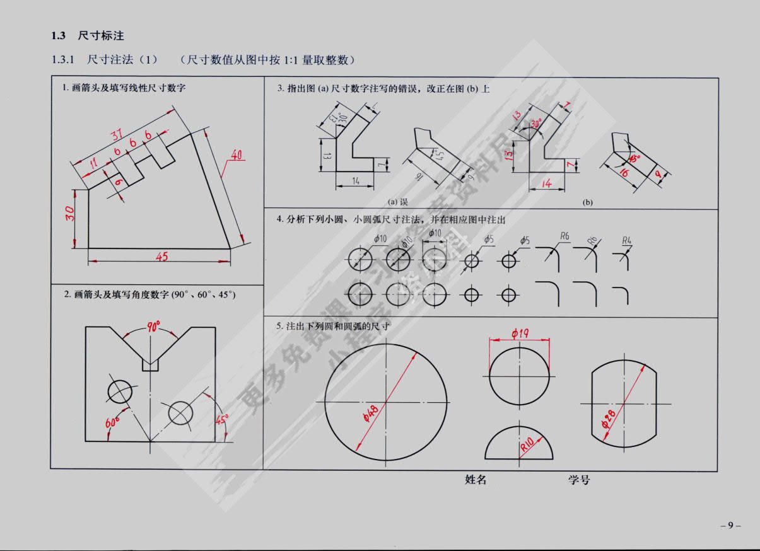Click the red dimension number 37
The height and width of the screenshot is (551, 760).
(x=117, y=134)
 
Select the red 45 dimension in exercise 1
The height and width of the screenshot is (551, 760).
(x=161, y=256)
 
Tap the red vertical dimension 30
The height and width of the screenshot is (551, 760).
(x=70, y=214)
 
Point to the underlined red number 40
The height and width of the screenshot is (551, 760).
(x=236, y=154)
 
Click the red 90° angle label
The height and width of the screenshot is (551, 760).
(x=153, y=327)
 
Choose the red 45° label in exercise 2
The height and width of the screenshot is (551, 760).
(x=221, y=419)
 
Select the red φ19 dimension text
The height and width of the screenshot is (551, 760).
(x=520, y=333)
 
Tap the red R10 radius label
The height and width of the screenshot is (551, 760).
(x=527, y=446)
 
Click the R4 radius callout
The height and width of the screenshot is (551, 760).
(x=626, y=240)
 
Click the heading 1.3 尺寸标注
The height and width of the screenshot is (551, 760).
(x=88, y=36)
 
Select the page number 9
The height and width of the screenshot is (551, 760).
(x=730, y=525)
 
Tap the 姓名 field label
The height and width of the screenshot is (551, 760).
(x=476, y=480)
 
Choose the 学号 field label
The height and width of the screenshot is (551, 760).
(x=579, y=480)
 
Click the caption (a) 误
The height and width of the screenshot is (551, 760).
(x=397, y=202)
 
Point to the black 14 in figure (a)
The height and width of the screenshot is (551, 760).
(x=354, y=181)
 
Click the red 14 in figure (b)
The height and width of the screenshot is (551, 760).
(x=547, y=183)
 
